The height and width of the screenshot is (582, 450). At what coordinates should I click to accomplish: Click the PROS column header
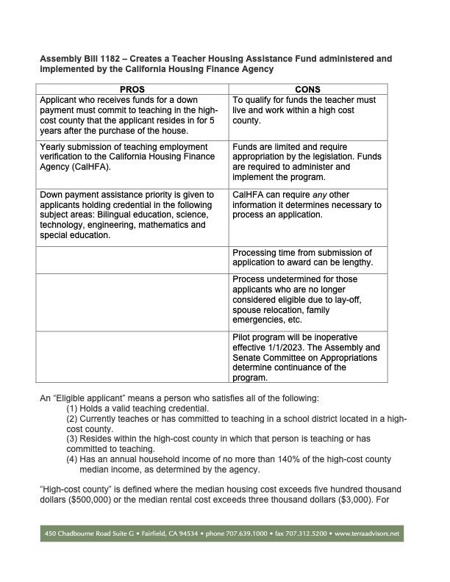[x=132, y=89]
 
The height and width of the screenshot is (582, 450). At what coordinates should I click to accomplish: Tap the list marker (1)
[x=74, y=408]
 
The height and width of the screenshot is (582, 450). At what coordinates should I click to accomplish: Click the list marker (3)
[x=74, y=439]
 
